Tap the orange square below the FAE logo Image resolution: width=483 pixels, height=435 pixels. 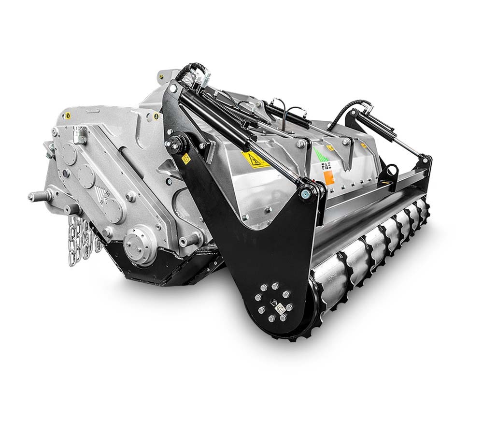329,179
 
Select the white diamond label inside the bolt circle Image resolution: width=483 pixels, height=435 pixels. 278,305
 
